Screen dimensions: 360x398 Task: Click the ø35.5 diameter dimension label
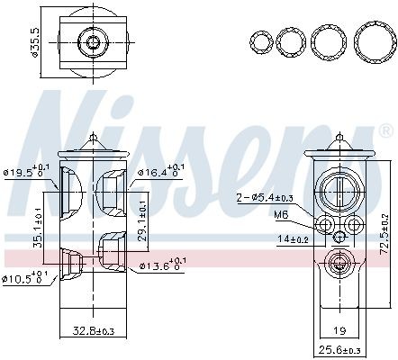pyautogui.click(x=33, y=41)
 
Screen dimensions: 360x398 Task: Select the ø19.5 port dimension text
pyautogui.click(x=24, y=170)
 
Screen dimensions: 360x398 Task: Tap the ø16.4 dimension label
pyautogui.click(x=159, y=170)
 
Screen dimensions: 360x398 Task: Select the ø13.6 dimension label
pyautogui.click(x=159, y=266)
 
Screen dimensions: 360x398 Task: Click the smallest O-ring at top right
pyautogui.click(x=261, y=41)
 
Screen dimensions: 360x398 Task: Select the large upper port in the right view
pyautogui.click(x=339, y=190)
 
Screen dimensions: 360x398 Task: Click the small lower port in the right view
pyautogui.click(x=339, y=264)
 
